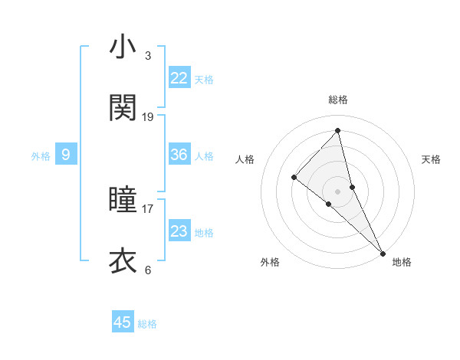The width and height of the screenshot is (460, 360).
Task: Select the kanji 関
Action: click(123, 108)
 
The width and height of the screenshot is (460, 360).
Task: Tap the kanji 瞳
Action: click(123, 200)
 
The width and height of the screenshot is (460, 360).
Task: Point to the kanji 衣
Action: click(123, 261)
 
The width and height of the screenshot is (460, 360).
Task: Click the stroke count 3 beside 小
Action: click(148, 55)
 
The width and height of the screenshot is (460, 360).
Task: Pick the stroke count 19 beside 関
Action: click(148, 117)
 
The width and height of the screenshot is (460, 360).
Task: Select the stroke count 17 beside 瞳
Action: click(148, 208)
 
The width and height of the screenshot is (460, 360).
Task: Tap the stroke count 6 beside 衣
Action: click(148, 270)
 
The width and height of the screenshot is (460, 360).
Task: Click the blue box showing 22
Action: click(179, 78)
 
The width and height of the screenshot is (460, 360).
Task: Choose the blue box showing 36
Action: click(179, 155)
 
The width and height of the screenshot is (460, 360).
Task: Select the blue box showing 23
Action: click(179, 231)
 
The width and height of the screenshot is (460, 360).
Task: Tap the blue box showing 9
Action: click(66, 155)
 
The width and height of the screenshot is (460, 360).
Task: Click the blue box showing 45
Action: click(123, 322)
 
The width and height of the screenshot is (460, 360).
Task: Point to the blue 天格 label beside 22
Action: click(204, 80)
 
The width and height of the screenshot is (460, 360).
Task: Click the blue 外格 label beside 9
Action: click(41, 156)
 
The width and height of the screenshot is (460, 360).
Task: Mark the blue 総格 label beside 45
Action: click(147, 324)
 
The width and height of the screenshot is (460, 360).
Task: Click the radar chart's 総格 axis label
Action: click(338, 100)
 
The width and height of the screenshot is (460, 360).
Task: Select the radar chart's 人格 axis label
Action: click(245, 159)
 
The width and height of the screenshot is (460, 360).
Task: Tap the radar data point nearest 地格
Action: click(383, 252)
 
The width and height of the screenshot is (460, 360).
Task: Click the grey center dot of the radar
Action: click(338, 191)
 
